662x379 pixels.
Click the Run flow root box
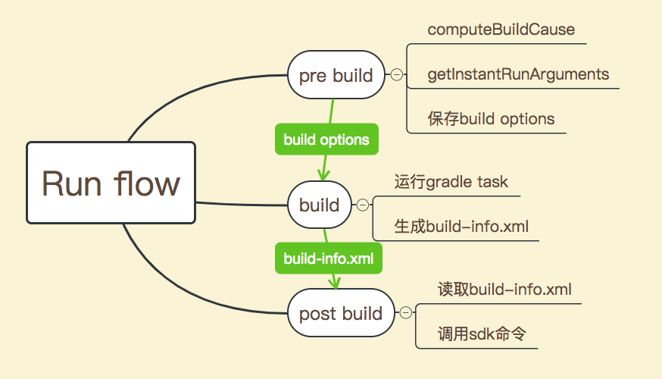tap(111, 183)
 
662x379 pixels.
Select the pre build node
tap(336, 75)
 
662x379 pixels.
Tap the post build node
tap(341, 312)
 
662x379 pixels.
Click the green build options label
tap(326, 139)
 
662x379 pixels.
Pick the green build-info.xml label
tap(329, 258)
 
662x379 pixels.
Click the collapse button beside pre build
tap(396, 75)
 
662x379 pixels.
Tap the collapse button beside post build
tap(406, 312)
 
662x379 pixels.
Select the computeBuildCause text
tap(501, 30)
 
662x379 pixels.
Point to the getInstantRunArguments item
tap(518, 74)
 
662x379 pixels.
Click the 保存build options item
tap(491, 119)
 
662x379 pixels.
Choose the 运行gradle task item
tap(451, 182)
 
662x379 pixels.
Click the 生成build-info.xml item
tap(461, 227)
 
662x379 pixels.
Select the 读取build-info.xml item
tap(504, 290)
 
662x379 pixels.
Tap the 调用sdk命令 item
tap(482, 334)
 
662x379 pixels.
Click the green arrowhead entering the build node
tap(323, 175)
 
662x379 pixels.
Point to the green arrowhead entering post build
tap(335, 282)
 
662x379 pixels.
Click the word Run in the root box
tap(72, 183)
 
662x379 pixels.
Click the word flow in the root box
tap(146, 183)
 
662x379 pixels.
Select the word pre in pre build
tap(312, 77)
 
